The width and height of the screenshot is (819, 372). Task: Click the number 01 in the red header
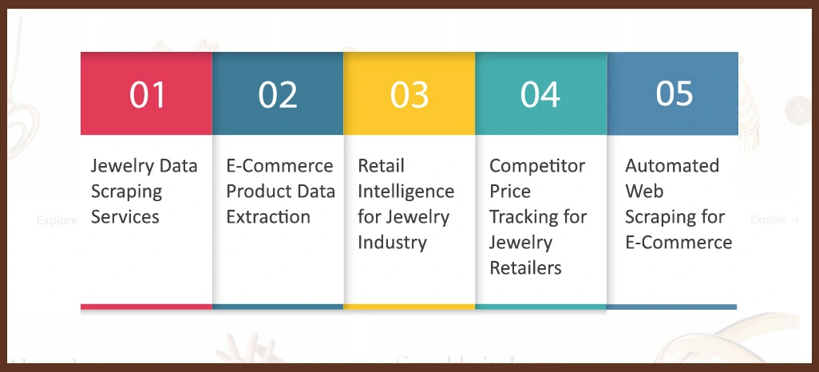(148, 94)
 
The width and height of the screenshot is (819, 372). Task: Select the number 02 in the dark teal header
(278, 94)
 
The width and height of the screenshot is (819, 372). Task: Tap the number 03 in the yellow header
(409, 94)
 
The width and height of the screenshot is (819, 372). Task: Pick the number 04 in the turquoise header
(540, 94)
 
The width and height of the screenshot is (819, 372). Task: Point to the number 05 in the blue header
(674, 93)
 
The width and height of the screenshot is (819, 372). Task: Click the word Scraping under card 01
(126, 192)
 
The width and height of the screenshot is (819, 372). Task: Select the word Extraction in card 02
(268, 217)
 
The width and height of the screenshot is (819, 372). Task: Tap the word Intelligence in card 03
(406, 192)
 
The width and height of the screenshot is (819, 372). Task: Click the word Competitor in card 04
(536, 166)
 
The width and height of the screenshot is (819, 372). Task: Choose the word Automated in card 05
(671, 166)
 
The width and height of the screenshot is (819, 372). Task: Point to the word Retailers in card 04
(525, 267)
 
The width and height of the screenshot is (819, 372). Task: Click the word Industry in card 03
(393, 242)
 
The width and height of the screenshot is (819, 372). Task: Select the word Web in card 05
(643, 192)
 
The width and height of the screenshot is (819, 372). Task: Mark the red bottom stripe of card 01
(146, 307)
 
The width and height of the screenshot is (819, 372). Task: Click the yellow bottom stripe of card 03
(409, 307)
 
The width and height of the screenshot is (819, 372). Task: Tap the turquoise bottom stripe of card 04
(540, 307)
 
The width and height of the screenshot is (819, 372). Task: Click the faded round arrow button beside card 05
(798, 111)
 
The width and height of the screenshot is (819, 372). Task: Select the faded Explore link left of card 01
(56, 220)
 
